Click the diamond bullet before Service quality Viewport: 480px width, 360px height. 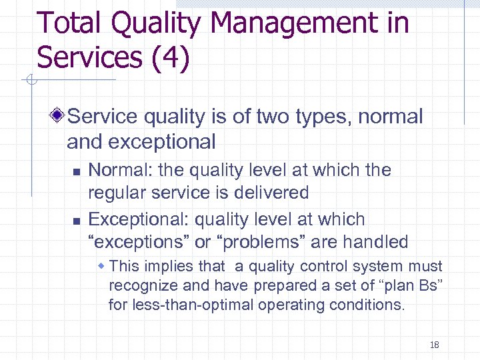(x=59, y=117)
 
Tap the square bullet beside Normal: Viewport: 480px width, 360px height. (x=77, y=171)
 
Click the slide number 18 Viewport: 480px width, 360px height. (x=435, y=345)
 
